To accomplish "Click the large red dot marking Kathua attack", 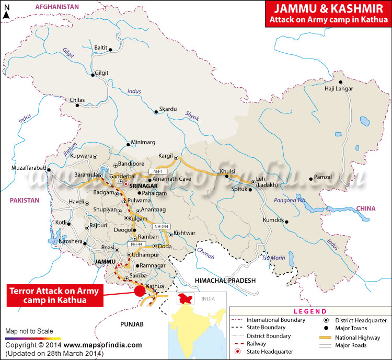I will tap(140, 291).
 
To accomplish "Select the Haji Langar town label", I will tap(340, 89).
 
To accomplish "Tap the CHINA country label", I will tap(366, 208).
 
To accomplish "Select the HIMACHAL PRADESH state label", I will tap(225, 281).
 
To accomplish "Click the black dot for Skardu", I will tap(155, 111).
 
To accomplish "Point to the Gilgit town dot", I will tap(93, 75).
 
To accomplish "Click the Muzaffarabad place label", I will tap(29, 168).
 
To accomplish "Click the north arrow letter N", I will tap(6, 8).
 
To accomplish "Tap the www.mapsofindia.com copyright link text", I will tap(103, 345).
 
